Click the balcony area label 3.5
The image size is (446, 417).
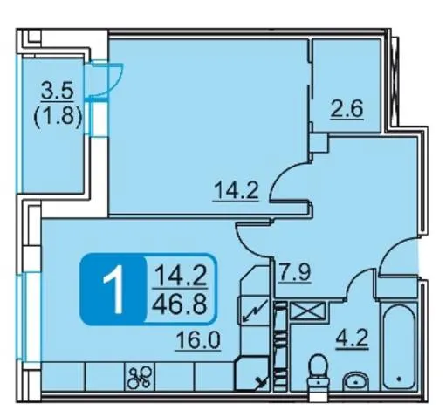pos(58,91)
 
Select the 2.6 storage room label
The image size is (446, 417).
pos(347,109)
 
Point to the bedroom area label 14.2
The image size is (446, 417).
pos(236,191)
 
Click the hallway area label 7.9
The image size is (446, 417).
pos(294,272)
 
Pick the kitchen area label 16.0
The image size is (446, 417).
pos(198,341)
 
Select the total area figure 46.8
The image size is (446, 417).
pos(181,304)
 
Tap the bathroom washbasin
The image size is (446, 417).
pos(356,381)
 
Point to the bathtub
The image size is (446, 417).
pos(399,346)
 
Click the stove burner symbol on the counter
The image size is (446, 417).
pos(141,377)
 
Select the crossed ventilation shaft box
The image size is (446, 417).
pos(307,311)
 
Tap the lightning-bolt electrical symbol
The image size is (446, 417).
pos(255,311)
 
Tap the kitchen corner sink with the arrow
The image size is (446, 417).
pos(252,373)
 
